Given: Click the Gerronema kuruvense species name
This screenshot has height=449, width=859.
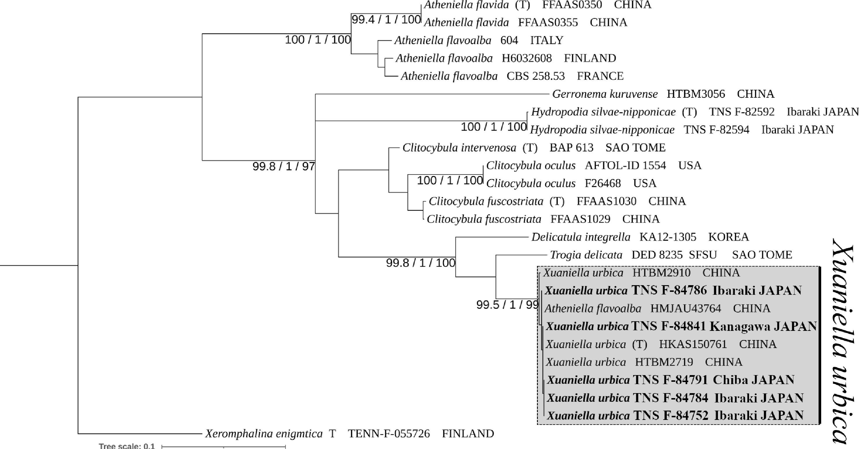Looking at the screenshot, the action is pyautogui.click(x=605, y=94).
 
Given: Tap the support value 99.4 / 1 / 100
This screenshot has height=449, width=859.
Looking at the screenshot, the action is pyautogui.click(x=386, y=20).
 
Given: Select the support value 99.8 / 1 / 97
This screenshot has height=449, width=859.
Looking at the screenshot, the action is pyautogui.click(x=283, y=166).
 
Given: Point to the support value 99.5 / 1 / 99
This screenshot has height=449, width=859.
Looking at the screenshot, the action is pyautogui.click(x=507, y=305).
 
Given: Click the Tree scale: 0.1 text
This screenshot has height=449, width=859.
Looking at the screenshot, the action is pyautogui.click(x=127, y=446).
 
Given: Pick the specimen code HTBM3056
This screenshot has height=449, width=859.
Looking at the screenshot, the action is pyautogui.click(x=696, y=94).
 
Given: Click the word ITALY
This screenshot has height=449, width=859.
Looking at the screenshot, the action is pyautogui.click(x=547, y=40).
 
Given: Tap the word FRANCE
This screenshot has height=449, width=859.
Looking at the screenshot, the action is pyautogui.click(x=600, y=76).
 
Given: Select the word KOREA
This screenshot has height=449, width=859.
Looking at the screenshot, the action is pyautogui.click(x=729, y=237).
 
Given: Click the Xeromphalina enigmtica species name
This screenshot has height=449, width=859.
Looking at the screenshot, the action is pyautogui.click(x=264, y=434).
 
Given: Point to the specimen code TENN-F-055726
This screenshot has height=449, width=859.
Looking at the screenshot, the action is pyautogui.click(x=389, y=434).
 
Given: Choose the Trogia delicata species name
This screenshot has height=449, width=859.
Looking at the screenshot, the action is pyautogui.click(x=586, y=255).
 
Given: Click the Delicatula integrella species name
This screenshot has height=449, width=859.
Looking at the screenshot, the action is pyautogui.click(x=581, y=237).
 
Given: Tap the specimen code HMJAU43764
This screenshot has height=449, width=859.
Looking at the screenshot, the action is pyautogui.click(x=686, y=308).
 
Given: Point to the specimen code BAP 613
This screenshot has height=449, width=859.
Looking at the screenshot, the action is pyautogui.click(x=572, y=148).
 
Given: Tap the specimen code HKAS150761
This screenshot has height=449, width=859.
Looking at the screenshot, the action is pyautogui.click(x=693, y=344).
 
